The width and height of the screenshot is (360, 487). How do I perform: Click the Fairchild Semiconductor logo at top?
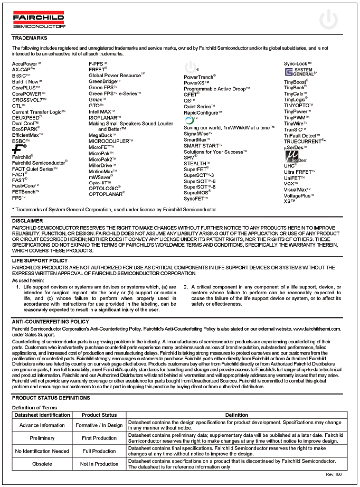(x=39, y=20)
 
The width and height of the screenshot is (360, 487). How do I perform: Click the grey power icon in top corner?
(x=329, y=20)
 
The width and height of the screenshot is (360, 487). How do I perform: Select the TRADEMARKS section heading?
(x=30, y=38)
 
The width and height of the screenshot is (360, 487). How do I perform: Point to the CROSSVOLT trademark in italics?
(x=30, y=100)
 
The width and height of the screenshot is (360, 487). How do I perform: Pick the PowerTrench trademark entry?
(x=199, y=78)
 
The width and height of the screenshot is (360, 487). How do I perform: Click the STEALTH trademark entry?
(x=197, y=164)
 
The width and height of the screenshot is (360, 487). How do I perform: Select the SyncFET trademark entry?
(x=196, y=199)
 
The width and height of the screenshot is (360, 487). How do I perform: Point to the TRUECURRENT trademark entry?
(x=305, y=142)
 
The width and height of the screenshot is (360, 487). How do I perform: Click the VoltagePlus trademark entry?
(x=299, y=195)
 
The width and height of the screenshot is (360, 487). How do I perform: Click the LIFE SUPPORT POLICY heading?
(x=40, y=261)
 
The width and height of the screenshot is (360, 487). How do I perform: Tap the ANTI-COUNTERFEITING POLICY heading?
(x=50, y=321)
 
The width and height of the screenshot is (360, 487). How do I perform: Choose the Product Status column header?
(x=99, y=415)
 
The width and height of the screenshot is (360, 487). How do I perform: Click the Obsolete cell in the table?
(x=42, y=464)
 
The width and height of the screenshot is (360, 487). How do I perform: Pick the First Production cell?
(x=99, y=438)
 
